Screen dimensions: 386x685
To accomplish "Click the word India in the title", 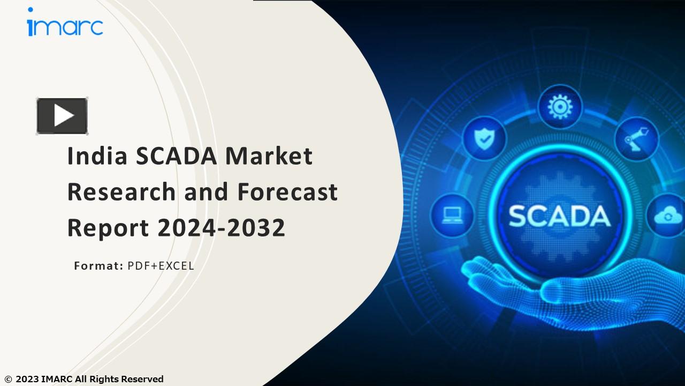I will (x=97, y=156).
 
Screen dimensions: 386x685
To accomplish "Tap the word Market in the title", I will (x=269, y=156).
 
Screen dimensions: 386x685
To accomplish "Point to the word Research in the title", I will (x=121, y=192).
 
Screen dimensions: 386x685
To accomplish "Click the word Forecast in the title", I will (x=287, y=192).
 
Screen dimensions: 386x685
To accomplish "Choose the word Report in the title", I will (x=108, y=228).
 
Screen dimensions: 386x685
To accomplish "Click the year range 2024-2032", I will (x=221, y=228).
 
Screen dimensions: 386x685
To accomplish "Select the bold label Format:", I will (x=98, y=265).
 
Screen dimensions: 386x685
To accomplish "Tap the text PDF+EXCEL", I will (x=161, y=265).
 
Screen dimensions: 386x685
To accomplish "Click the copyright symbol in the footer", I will (x=8, y=380).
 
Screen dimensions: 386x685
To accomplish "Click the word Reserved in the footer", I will (x=142, y=380).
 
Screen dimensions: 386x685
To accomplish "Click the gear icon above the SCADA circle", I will (x=559, y=106).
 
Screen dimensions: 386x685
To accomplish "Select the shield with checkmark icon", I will (x=484, y=138).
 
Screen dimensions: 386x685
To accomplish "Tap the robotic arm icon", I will (x=636, y=139).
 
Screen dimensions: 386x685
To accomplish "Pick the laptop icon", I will (x=452, y=215).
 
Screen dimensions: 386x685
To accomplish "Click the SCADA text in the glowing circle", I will (x=559, y=216).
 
